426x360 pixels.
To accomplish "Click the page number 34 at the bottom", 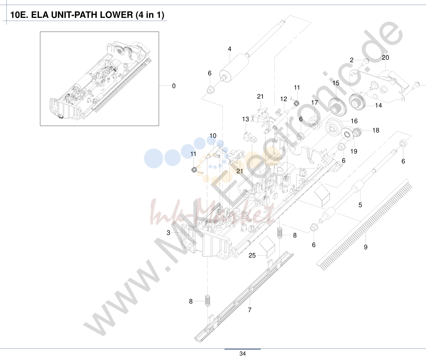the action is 243,353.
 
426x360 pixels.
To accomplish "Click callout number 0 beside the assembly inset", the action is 174,86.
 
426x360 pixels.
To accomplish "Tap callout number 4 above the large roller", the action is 230,49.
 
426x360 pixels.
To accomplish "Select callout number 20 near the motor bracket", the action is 385,58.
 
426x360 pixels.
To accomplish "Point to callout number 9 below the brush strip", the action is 366,247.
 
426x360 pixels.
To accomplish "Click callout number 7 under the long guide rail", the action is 250,310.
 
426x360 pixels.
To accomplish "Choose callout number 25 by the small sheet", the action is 252,255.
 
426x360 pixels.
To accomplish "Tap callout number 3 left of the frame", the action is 168,233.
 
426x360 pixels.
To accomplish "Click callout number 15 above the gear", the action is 336,83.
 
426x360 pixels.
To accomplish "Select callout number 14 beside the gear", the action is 378,105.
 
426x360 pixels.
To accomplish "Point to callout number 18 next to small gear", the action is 376,130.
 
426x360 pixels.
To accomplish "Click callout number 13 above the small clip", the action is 246,119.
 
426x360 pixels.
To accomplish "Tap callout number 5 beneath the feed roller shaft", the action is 360,205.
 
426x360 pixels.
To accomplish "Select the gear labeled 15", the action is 337,106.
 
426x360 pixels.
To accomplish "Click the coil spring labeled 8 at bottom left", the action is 208,301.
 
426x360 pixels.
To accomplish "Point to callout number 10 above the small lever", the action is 213,136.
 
